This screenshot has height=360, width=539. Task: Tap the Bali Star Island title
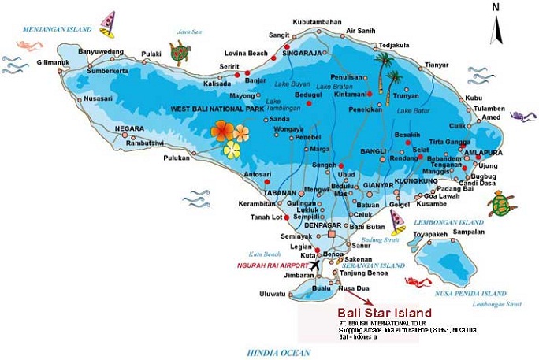[373, 312]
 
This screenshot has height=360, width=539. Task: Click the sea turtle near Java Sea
[180, 54]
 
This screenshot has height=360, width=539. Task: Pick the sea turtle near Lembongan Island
[500, 205]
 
